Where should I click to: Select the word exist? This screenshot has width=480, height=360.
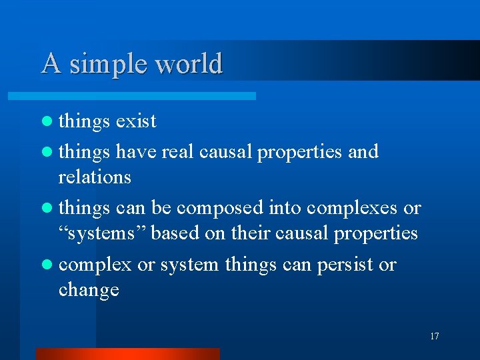click(136, 121)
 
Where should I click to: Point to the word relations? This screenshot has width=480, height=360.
click(95, 177)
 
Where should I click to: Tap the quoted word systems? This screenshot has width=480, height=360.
click(101, 234)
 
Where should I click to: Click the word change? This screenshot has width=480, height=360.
click(89, 291)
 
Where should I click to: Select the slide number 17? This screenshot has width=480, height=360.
click(434, 336)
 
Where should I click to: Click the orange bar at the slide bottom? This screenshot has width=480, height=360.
click(127, 354)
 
